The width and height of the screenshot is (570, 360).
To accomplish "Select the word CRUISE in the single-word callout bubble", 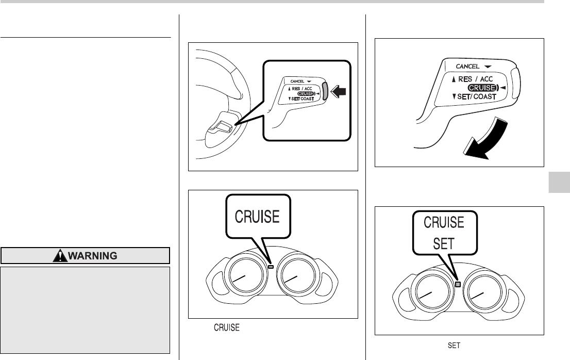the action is click(x=257, y=217).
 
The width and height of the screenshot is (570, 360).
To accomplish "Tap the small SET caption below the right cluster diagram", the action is click(x=454, y=345).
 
